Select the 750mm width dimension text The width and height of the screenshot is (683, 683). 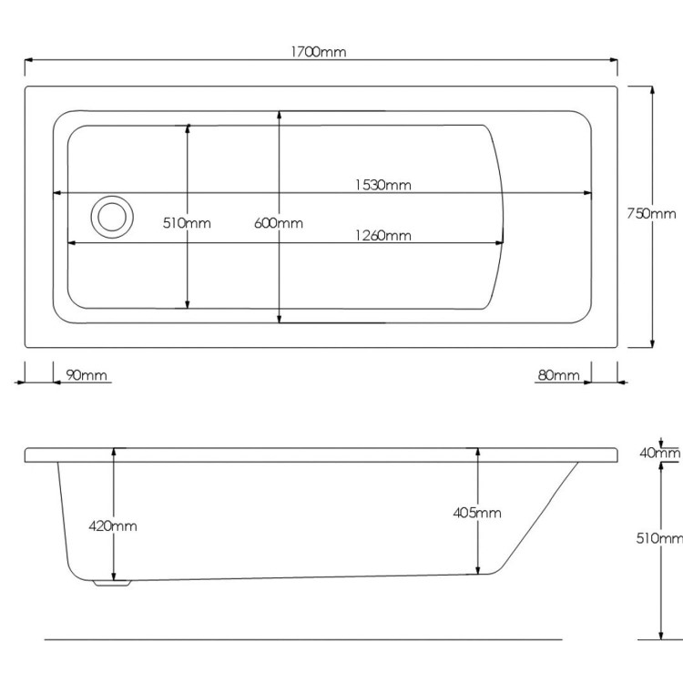[x=652, y=213]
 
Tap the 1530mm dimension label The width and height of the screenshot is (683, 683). [x=383, y=185]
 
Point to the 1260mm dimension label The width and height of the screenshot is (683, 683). [x=383, y=236]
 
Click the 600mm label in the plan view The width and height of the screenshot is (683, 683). [x=279, y=223]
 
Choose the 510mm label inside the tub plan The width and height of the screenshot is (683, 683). [x=187, y=223]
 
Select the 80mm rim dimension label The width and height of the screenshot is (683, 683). [x=559, y=375]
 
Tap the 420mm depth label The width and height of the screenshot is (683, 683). [x=113, y=525]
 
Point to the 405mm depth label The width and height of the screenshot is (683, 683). [x=477, y=513]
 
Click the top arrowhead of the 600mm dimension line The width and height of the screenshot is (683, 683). [x=280, y=116]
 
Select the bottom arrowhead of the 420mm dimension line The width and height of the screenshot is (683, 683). [x=114, y=575]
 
